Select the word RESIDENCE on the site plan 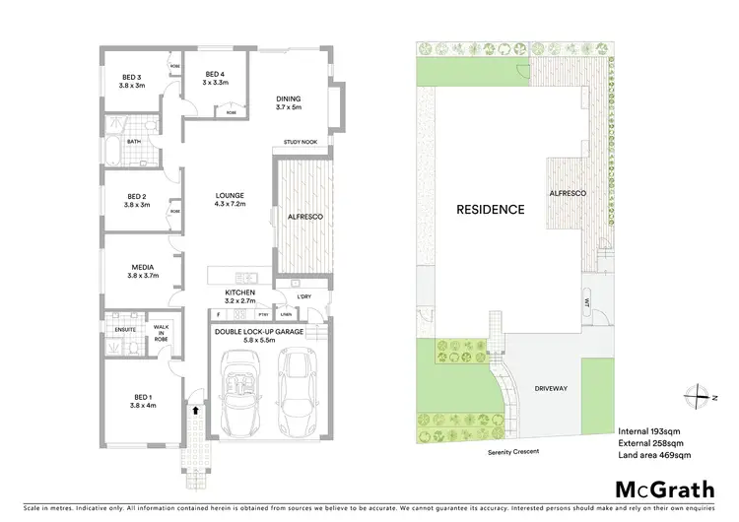point(489,210)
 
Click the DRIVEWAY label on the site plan point(552,389)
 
